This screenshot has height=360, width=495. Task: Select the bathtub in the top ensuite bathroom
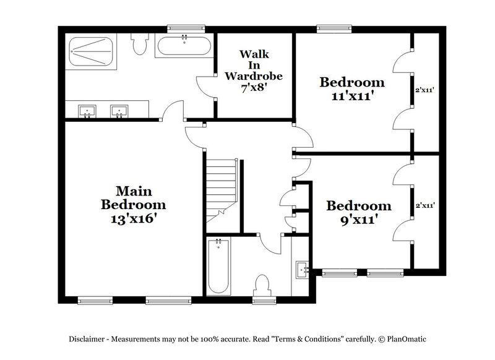pos(183,48)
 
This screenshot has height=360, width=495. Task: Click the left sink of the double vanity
pos(87,111)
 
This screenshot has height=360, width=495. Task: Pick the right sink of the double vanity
pos(119,111)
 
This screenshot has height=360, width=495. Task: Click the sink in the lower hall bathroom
pos(302,269)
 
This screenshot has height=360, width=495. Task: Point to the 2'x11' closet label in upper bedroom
pos(424,90)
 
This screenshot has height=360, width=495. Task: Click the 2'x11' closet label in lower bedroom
pos(424,205)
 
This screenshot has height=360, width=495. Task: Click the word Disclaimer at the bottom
pos(86,339)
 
